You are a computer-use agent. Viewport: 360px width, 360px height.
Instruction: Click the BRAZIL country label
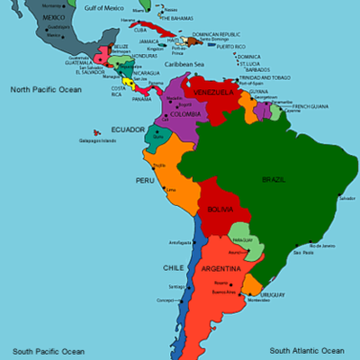(x=274, y=180)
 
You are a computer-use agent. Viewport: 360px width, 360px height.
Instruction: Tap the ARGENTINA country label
(x=220, y=268)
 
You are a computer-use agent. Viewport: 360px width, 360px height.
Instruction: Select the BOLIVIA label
(x=220, y=209)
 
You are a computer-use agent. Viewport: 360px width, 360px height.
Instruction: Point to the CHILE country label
(x=174, y=267)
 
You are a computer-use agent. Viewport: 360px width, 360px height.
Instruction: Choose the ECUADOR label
(x=127, y=129)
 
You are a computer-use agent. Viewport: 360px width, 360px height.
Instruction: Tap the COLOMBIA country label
(x=185, y=114)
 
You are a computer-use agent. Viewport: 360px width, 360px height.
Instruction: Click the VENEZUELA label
(x=214, y=92)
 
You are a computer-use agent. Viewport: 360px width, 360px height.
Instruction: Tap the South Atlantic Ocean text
(x=306, y=350)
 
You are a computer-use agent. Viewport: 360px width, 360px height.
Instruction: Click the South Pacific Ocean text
(x=48, y=350)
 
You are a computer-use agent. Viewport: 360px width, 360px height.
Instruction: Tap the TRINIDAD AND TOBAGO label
(x=268, y=77)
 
